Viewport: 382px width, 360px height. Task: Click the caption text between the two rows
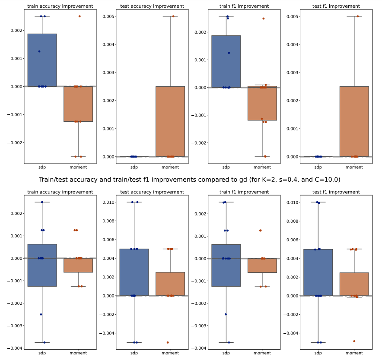click(189, 179)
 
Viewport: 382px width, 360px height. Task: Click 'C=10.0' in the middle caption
click(326, 179)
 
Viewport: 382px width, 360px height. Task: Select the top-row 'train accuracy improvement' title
click(60, 6)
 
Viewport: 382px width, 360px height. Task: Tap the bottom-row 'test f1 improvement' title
click(336, 192)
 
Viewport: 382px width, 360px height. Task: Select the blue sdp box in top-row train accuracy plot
click(42, 60)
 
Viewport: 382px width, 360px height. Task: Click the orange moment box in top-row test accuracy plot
click(170, 121)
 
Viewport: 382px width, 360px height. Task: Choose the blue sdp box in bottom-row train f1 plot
click(226, 265)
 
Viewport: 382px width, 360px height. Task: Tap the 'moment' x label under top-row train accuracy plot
click(78, 167)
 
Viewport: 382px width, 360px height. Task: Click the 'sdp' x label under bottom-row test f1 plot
click(318, 353)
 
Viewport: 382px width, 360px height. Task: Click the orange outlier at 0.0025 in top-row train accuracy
click(80, 16)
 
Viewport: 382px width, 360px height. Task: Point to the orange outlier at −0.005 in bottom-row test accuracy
click(168, 342)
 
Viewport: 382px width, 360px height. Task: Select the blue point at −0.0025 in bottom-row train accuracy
click(41, 314)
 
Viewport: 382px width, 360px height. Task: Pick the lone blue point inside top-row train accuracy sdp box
click(39, 51)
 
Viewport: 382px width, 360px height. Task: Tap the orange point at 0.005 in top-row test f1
click(358, 16)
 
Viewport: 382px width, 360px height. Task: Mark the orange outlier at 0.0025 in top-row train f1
click(263, 19)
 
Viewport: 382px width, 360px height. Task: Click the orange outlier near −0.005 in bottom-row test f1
click(354, 341)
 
